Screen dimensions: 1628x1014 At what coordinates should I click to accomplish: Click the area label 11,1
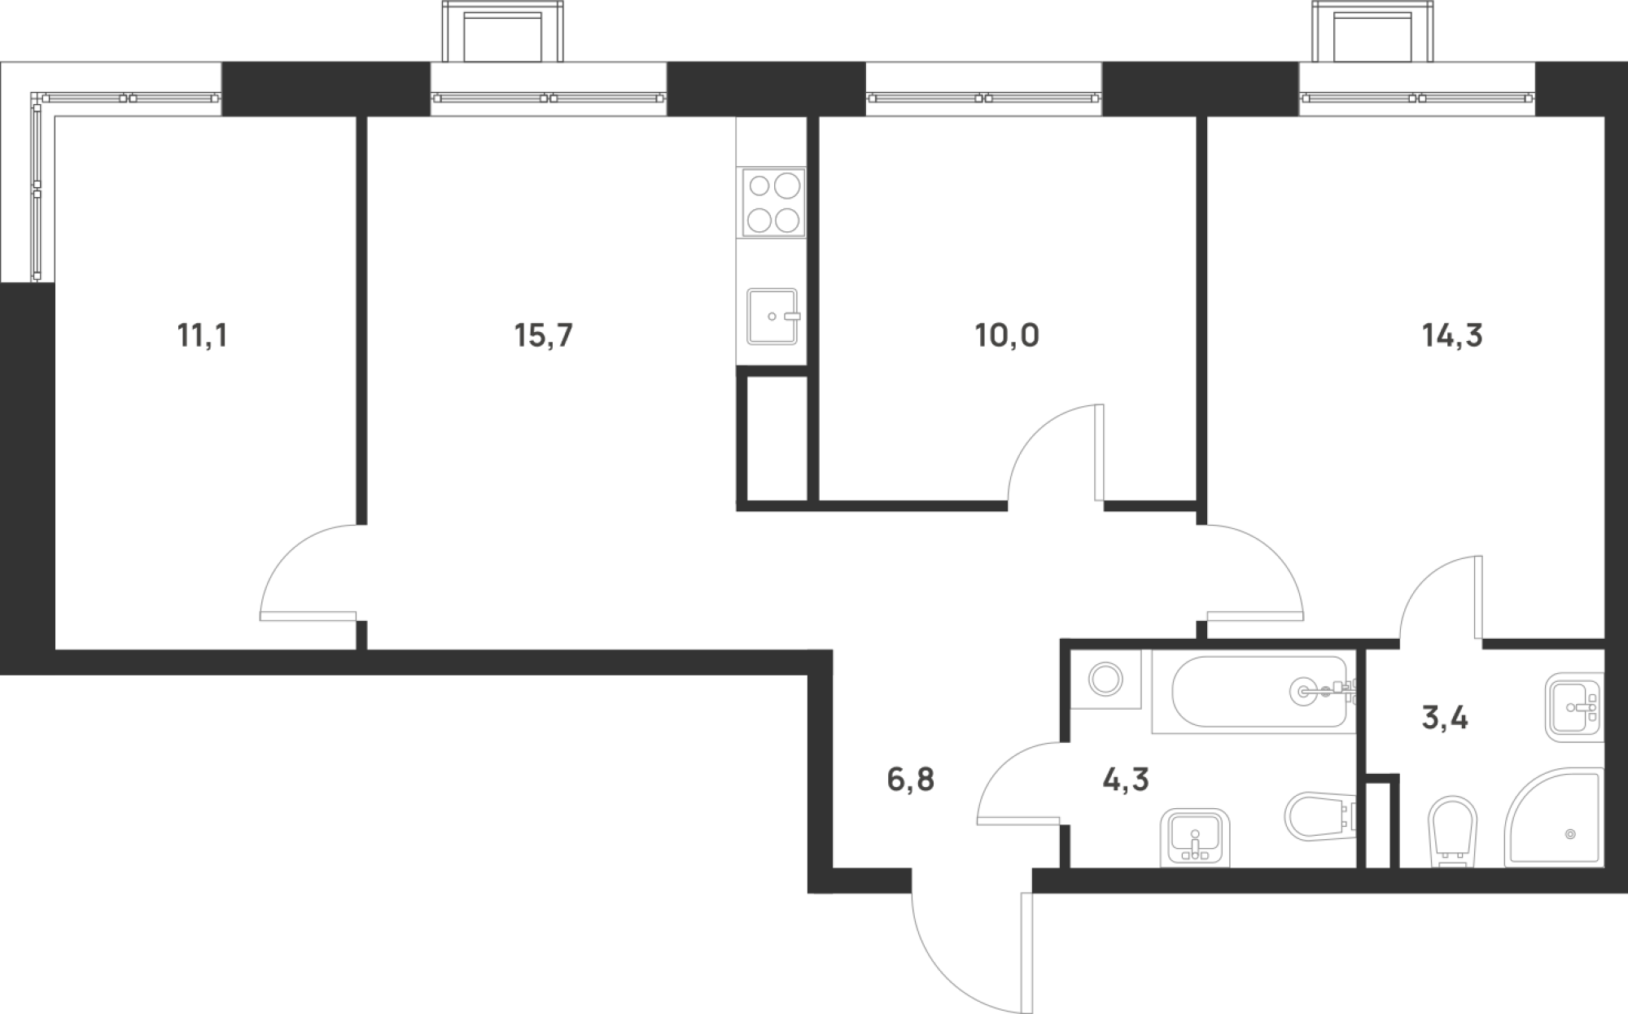point(202,335)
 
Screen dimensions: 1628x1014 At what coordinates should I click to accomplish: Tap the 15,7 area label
point(544,335)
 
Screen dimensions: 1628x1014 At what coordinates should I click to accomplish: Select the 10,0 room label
point(1007,335)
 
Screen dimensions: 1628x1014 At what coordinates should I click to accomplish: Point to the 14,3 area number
point(1452,335)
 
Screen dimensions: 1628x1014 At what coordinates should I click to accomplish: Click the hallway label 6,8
point(910,780)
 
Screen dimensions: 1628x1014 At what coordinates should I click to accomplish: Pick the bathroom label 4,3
point(1126,780)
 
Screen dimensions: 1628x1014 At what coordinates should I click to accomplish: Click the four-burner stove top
point(772,203)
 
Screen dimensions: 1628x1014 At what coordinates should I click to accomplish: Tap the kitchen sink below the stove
point(772,316)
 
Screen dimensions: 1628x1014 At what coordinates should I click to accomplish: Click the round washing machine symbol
point(1105,679)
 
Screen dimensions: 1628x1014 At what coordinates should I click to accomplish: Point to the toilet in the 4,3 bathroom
point(1321,815)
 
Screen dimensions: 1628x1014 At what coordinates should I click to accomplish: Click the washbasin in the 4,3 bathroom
point(1195,837)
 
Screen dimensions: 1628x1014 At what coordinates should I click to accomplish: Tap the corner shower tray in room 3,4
point(1553,817)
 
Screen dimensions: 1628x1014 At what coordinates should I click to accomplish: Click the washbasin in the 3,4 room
point(1574,707)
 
